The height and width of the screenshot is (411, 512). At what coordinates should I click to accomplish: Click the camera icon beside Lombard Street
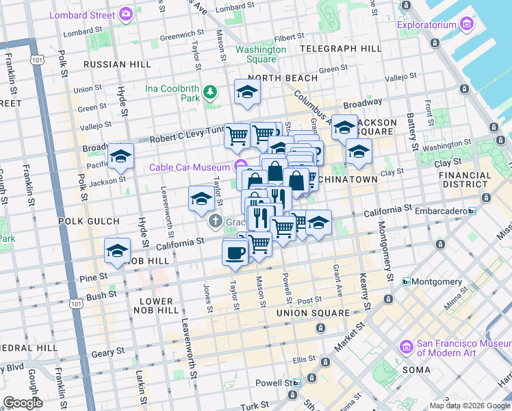pyautogui.click(x=125, y=14)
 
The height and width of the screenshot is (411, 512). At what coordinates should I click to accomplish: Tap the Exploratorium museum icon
pyautogui.click(x=468, y=25)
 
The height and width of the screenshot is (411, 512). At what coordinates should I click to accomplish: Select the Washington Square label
pyautogui.click(x=261, y=54)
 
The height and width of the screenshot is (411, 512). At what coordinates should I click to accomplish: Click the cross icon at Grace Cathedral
pyautogui.click(x=215, y=221)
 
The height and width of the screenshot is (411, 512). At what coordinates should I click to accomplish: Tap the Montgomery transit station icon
pyautogui.click(x=406, y=282)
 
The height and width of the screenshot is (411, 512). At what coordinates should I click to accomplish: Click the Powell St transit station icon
pyautogui.click(x=297, y=384)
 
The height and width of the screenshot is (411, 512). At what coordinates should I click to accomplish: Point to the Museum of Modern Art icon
pyautogui.click(x=407, y=348)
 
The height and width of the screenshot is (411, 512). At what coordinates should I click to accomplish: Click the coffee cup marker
pyautogui.click(x=235, y=253)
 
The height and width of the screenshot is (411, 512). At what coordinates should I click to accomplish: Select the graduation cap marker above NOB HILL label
pyautogui.click(x=117, y=251)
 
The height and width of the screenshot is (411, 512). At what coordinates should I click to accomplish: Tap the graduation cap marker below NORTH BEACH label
pyautogui.click(x=247, y=92)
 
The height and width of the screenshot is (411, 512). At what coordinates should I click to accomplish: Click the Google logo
pyautogui.click(x=22, y=403)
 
